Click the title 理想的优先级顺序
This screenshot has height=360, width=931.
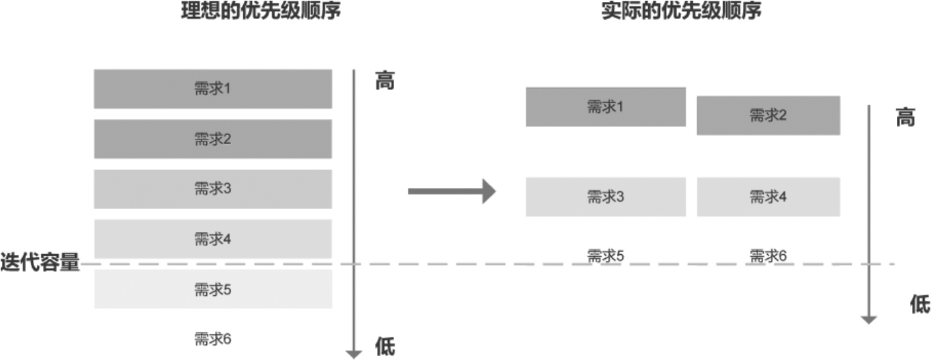(x=260, y=12)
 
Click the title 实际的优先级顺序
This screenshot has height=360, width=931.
(x=681, y=12)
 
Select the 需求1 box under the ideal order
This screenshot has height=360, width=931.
(x=213, y=89)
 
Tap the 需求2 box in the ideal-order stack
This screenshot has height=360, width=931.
(x=213, y=139)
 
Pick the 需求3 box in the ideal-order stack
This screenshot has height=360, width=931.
(x=213, y=189)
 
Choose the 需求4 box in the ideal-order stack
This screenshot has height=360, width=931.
(x=213, y=239)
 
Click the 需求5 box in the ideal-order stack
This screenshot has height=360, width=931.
(x=213, y=289)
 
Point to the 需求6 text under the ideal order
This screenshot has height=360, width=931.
(x=213, y=339)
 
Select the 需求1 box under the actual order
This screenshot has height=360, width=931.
(x=605, y=107)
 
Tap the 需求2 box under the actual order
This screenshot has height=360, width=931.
(x=768, y=115)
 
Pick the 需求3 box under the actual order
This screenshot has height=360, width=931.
(x=605, y=197)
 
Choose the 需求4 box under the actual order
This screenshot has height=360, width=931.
(x=768, y=197)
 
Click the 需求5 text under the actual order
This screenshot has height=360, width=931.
(x=605, y=256)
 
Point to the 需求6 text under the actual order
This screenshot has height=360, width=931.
(x=768, y=256)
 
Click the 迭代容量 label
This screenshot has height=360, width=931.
(x=40, y=263)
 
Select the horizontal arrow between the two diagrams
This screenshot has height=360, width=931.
(x=451, y=191)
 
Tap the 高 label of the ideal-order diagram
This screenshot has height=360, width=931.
(x=385, y=82)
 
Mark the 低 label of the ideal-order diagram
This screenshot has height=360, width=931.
(x=385, y=346)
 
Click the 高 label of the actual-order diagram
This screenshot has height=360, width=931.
(x=905, y=118)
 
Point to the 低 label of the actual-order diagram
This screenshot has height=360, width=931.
(x=920, y=305)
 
